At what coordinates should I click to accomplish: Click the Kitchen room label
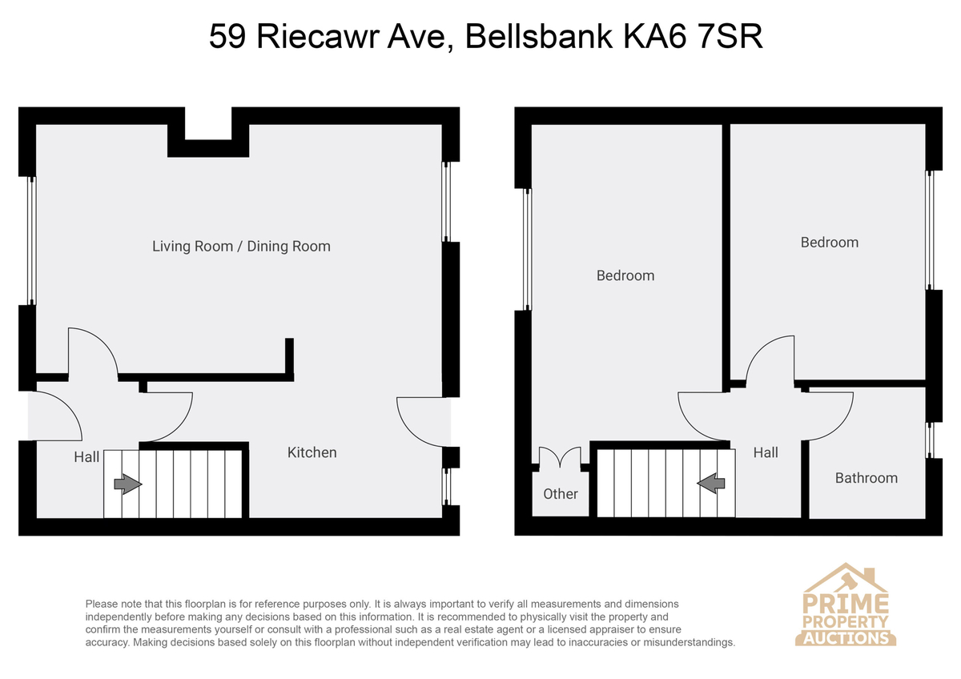click(312, 452)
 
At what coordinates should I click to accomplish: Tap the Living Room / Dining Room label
click(241, 246)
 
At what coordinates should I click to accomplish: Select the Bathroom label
click(867, 478)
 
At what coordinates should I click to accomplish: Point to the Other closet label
click(561, 494)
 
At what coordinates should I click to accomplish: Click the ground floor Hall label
click(86, 457)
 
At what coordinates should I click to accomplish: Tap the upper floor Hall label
click(766, 452)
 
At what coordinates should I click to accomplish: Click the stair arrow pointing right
click(128, 484)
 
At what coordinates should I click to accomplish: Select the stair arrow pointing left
click(711, 484)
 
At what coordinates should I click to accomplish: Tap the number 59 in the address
click(227, 37)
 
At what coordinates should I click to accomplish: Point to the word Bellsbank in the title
click(539, 37)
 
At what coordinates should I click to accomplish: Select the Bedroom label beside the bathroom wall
click(830, 243)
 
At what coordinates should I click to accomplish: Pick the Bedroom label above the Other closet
click(625, 275)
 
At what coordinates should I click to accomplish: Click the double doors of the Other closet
click(561, 458)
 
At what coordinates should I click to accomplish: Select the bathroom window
click(929, 440)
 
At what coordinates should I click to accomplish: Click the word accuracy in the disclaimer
click(107, 642)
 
